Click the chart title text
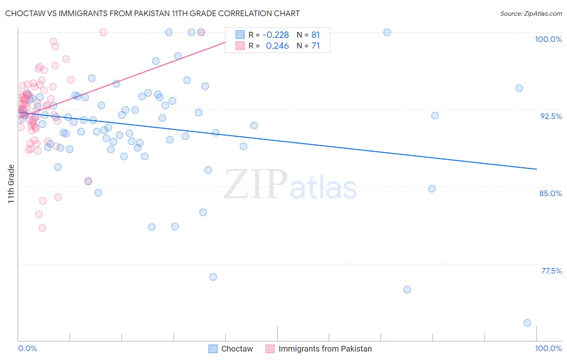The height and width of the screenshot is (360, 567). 152,13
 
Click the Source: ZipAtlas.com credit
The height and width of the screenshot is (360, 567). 531,13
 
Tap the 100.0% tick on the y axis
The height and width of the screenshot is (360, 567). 548,39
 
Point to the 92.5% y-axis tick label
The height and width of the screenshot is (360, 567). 551,116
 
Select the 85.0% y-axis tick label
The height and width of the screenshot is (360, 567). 550,193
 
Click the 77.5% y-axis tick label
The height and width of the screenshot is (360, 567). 551,271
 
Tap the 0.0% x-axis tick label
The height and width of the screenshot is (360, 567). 27,348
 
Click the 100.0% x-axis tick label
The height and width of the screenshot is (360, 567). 548,348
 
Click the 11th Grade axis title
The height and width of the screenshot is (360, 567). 11,184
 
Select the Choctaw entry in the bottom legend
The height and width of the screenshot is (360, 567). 237,349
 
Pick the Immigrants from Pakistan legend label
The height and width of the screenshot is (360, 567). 325,349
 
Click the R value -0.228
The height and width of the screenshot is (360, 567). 275,35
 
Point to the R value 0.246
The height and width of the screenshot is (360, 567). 277,46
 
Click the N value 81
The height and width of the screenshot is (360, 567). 315,35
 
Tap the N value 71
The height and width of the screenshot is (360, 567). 315,46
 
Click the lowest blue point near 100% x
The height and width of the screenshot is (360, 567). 527,323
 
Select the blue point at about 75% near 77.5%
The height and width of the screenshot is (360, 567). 407,289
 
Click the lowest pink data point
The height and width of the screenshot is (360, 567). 42,228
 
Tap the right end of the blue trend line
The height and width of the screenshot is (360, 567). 536,169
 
